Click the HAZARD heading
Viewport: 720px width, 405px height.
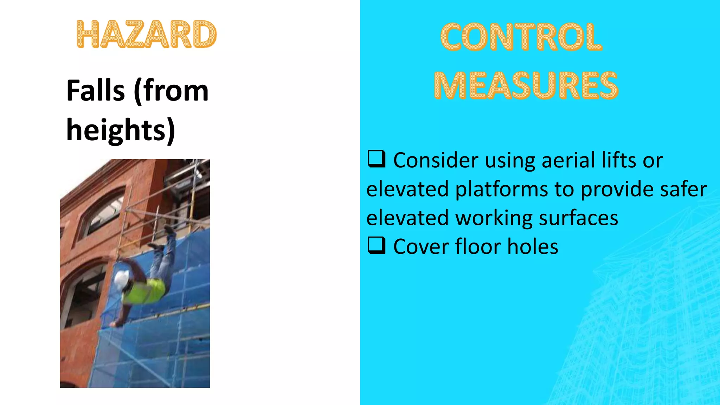pyautogui.click(x=146, y=34)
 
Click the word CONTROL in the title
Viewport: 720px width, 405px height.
pyautogui.click(x=521, y=37)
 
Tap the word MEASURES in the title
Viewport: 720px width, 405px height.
pyautogui.click(x=526, y=85)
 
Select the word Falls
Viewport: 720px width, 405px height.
pyautogui.click(x=95, y=91)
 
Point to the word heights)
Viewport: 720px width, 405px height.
pyautogui.click(x=121, y=130)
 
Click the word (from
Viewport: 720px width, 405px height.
pyautogui.click(x=171, y=91)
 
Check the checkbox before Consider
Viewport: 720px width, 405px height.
pyautogui.click(x=376, y=159)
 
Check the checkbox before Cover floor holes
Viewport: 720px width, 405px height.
pyautogui.click(x=376, y=245)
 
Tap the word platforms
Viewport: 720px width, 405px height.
pyautogui.click(x=501, y=189)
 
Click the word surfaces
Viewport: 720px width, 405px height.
pyautogui.click(x=578, y=218)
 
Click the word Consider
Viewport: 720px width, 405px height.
pyautogui.click(x=436, y=160)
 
